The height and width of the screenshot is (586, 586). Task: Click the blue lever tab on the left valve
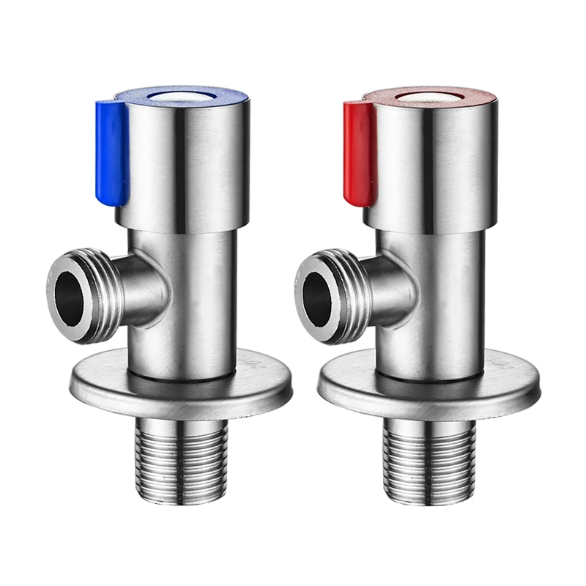pyautogui.click(x=112, y=150)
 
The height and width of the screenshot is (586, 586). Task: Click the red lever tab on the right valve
pyautogui.click(x=359, y=150)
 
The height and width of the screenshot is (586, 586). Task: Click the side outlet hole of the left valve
pyautogui.click(x=70, y=292)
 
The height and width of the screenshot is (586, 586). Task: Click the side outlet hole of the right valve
pyautogui.click(x=317, y=292)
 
